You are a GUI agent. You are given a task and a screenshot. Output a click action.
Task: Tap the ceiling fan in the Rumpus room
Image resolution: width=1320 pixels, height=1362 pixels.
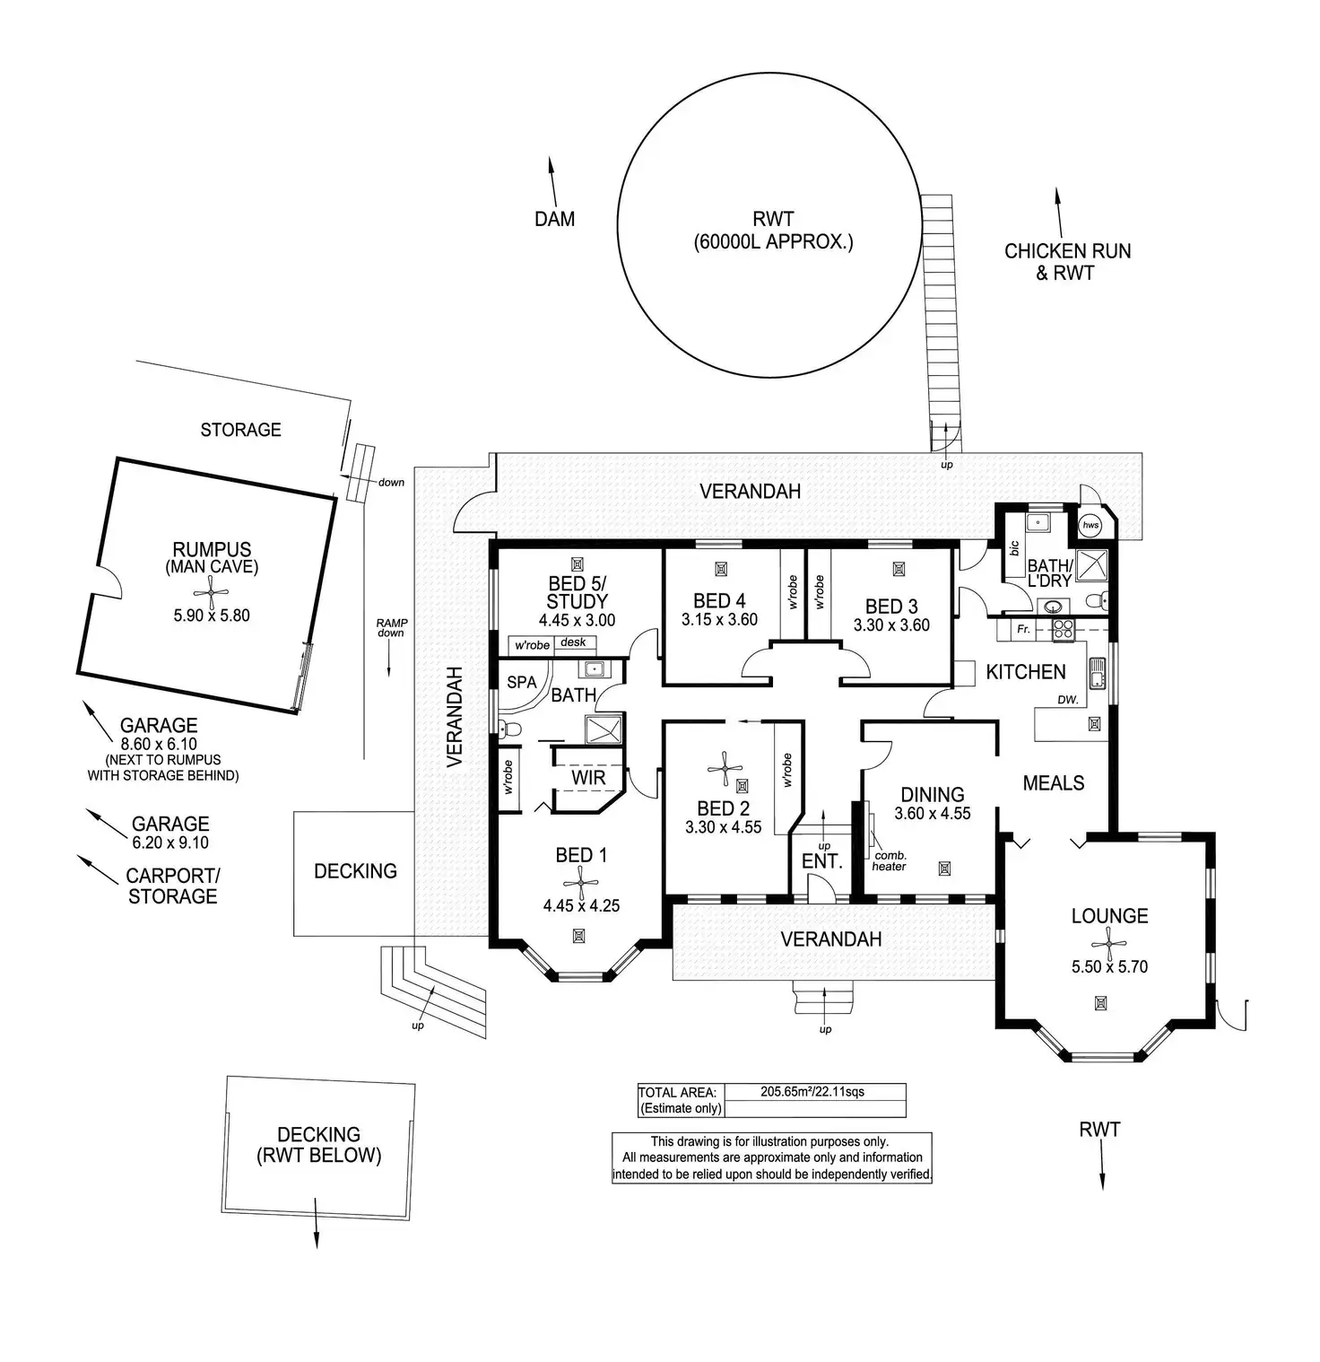coord(211,592)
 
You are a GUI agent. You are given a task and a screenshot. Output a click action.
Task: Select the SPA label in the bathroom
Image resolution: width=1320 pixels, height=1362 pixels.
coord(522,682)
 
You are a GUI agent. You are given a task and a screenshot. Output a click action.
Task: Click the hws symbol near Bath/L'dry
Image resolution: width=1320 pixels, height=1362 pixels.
coord(1090,525)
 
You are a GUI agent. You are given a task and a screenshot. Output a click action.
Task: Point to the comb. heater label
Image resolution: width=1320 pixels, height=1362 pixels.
coord(890,860)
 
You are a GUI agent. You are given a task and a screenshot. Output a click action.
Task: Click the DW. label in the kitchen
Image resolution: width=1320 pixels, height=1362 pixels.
coord(1067,700)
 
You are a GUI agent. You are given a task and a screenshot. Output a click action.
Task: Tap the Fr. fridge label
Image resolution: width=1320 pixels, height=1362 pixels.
coord(1023,630)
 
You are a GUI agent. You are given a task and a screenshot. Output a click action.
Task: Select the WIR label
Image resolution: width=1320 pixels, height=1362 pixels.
coord(588,778)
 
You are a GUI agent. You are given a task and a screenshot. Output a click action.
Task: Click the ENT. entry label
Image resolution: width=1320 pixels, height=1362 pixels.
coord(822,862)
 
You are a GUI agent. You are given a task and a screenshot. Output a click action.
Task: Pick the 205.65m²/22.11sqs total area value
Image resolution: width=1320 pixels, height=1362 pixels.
coord(812,1092)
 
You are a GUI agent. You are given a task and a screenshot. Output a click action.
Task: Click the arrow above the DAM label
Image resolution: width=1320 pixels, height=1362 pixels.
coord(552,182)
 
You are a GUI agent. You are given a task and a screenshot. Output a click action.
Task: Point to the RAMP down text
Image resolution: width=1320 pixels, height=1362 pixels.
coord(391,628)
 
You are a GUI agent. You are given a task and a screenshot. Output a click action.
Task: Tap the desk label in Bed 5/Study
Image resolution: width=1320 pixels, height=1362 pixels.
coord(573,642)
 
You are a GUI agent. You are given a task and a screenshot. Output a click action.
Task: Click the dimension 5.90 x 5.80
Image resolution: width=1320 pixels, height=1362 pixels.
coord(212,616)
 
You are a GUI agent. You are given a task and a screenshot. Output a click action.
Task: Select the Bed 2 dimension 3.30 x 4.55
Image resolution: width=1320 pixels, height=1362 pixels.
coord(723,827)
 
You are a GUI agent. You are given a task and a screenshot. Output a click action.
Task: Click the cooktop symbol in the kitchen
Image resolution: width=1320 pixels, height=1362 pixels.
coord(1063,629)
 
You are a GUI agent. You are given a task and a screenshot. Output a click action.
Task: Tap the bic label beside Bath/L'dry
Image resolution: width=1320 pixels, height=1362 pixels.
coord(1014,547)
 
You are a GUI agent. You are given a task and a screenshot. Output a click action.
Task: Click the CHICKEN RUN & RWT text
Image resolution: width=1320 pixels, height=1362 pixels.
coord(1067,262)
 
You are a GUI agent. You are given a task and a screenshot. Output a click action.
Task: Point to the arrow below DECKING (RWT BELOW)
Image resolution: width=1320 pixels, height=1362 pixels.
coord(316,1222)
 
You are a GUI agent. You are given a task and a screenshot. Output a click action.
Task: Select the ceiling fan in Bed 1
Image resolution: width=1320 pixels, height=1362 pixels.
coord(580,884)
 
